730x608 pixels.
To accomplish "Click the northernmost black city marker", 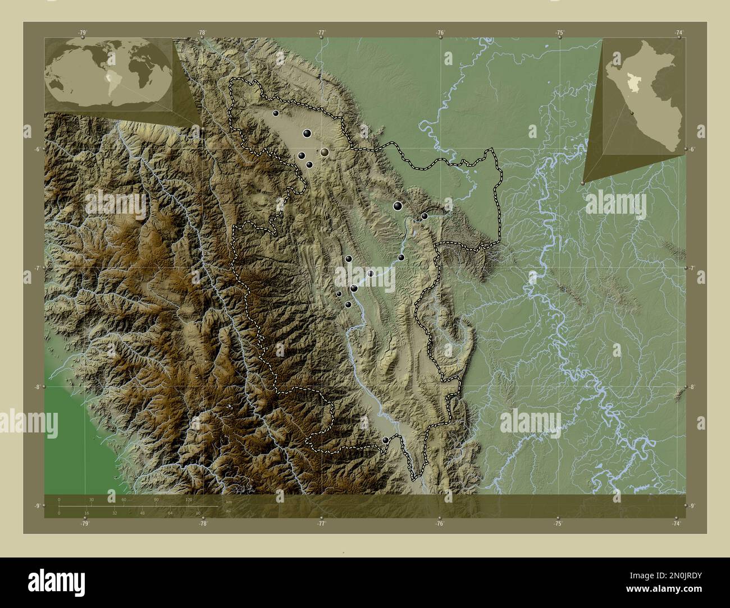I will (275, 113).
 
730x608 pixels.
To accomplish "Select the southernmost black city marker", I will (385, 440).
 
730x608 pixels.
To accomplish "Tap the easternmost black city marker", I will (425, 216).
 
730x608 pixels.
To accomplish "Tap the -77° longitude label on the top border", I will (321, 33).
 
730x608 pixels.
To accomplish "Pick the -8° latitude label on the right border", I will (692, 387).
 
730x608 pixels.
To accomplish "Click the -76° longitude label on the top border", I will (441, 33).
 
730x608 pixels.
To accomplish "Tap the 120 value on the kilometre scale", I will (189, 499).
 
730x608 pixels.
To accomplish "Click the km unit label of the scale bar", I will (227, 501).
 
